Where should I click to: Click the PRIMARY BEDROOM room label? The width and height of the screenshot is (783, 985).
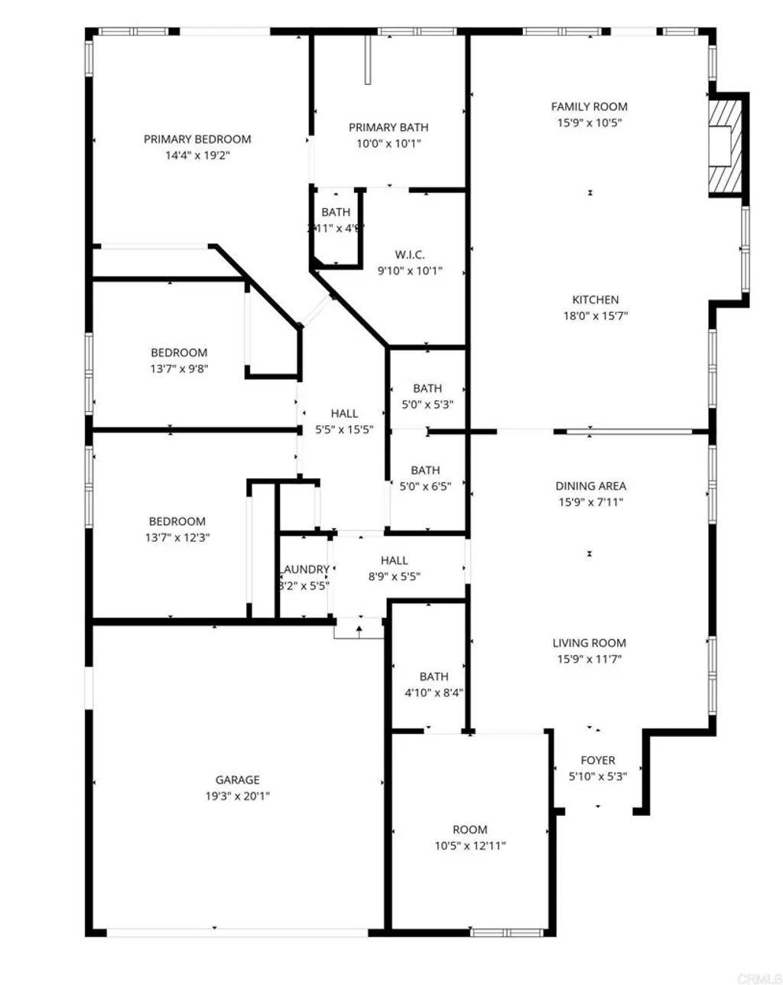197,139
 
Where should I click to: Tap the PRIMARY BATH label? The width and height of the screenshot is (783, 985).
388,127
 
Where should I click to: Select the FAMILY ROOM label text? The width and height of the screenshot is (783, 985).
589,106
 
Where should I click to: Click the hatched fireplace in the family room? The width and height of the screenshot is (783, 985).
726,143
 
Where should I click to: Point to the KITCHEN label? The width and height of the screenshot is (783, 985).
595,300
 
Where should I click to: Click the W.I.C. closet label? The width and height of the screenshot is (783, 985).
410,255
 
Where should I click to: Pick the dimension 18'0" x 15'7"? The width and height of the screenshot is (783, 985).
595,316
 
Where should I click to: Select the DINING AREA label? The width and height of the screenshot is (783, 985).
590,486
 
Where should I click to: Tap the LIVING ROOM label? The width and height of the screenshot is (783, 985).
589,643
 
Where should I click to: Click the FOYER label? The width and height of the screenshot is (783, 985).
597,760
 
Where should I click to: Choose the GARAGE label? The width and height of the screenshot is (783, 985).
237,780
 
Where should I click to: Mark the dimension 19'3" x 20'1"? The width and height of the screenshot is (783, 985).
237,796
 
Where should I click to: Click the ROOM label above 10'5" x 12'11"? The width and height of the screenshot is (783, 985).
469,830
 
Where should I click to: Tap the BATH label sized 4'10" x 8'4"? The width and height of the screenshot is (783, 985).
434,677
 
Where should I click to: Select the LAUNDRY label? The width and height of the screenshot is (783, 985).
305,569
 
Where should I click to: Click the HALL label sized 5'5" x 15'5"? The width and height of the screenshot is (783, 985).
344,413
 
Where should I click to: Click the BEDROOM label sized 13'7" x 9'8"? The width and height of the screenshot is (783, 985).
179,353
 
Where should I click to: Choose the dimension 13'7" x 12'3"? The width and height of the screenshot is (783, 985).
177,537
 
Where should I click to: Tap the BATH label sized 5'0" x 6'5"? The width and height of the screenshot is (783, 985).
425,470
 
